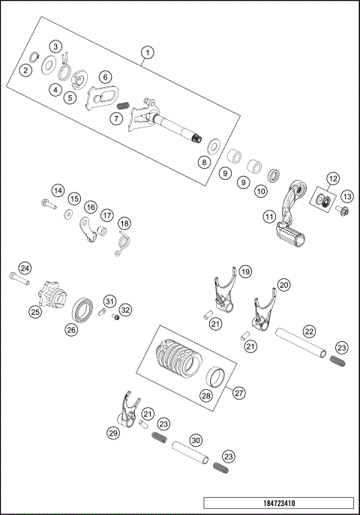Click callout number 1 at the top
[x=148, y=52]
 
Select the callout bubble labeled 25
[x=34, y=311]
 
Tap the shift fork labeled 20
[x=263, y=311]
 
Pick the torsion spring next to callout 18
[x=123, y=242]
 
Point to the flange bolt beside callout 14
[x=46, y=203]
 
